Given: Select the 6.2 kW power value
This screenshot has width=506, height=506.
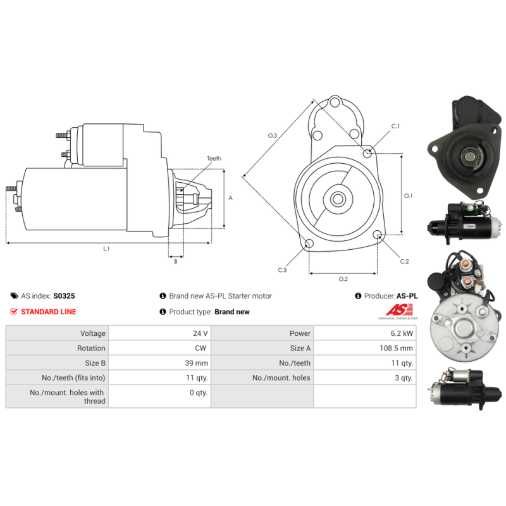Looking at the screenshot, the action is pos(402,333).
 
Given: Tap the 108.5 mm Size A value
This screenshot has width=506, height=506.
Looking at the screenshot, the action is pos(397,349).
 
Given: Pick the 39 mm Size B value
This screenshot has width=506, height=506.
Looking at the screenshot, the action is pos(197,363).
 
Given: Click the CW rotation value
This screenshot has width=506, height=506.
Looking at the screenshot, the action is pos(201,349).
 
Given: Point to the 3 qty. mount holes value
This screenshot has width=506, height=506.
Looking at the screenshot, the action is pos(404,378).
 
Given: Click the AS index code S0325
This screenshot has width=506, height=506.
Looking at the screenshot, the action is pos(64,296).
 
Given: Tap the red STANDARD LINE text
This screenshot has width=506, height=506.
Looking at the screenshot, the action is pos(49,312).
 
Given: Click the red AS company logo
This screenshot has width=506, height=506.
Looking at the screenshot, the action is pos(399,310).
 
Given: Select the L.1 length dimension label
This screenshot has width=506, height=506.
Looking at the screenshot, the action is pos(106,249).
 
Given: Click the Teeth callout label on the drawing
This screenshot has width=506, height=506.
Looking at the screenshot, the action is pos(214,159).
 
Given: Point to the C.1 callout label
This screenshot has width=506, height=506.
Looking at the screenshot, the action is pos(395,126).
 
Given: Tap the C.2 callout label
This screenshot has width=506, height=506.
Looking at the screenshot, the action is pos(404,261).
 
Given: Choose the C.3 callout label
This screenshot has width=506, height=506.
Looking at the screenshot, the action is pos(282,270).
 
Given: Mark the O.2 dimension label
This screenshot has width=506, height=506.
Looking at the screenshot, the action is pos(343,279).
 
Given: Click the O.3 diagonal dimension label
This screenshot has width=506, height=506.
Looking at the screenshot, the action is pos(273,135).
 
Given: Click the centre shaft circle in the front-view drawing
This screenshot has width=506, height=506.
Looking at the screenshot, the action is pos(338,199).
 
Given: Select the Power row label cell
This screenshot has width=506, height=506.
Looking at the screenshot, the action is pos(300,333).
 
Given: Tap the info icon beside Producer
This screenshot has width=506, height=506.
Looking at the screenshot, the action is pos(358,296).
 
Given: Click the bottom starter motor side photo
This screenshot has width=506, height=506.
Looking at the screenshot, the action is pos(465,390).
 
